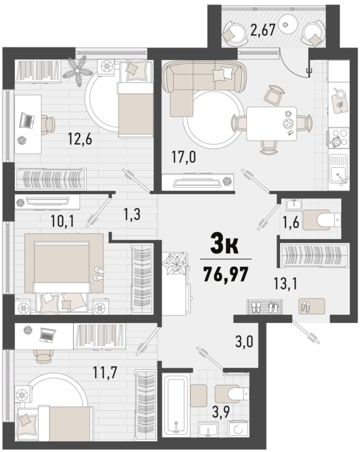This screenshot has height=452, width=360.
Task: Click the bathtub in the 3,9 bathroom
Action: [174, 405]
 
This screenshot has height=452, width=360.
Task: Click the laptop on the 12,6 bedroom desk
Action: [27, 118]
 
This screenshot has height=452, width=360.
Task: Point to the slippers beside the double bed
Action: [99, 273]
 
